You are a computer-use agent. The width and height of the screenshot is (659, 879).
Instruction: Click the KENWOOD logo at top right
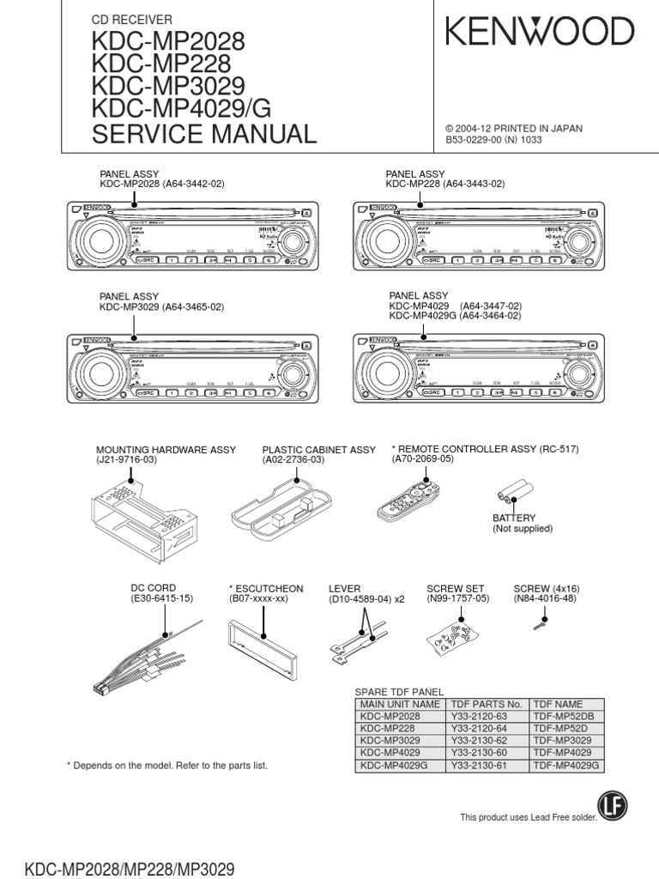pyautogui.click(x=540, y=33)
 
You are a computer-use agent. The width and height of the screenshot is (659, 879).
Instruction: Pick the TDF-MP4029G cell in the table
pyautogui.click(x=565, y=764)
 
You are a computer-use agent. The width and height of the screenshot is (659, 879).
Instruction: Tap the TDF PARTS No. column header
pyautogui.click(x=486, y=703)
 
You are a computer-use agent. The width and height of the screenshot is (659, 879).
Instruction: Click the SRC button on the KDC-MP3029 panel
pyautogui.click(x=148, y=392)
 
